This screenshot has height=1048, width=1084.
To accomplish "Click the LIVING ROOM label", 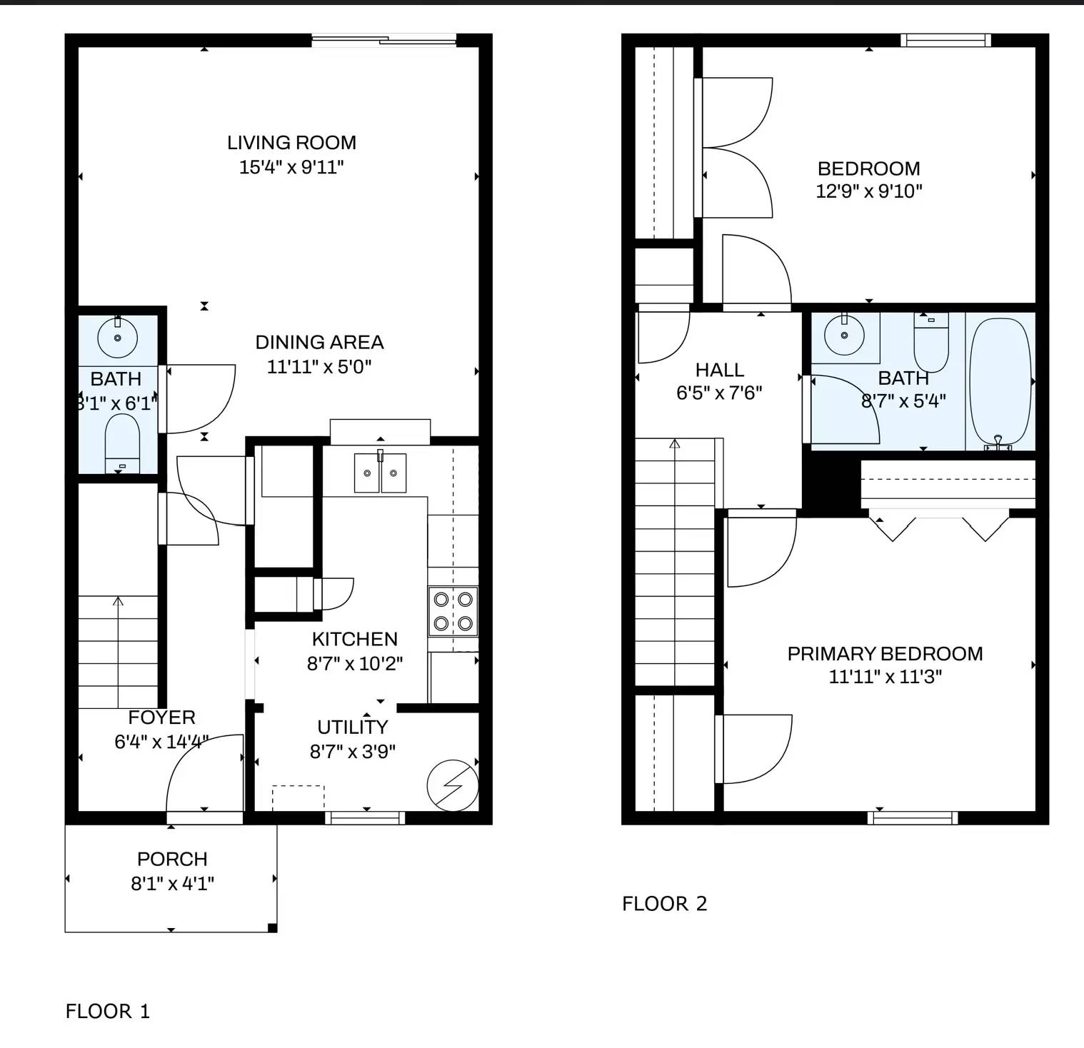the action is tap(291, 143).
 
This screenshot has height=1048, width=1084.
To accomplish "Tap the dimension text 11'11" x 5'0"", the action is tap(319, 367).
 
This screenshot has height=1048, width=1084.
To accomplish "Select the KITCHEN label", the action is tap(355, 639).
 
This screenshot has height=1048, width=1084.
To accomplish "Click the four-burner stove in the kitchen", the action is tap(453, 611).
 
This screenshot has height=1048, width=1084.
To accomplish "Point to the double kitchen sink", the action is tap(381, 472).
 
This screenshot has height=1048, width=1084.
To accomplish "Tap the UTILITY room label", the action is tap(353, 727).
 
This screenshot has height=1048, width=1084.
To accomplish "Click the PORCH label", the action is tap(172, 859).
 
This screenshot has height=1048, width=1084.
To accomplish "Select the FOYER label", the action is tap(161, 717).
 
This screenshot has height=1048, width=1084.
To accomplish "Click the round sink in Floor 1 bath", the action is tap(117, 338).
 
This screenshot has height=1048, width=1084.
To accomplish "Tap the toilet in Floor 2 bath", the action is tap(931, 342).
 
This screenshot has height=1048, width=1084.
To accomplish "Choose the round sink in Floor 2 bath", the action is tap(845, 335).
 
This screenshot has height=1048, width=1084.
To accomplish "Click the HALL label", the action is tap(720, 370).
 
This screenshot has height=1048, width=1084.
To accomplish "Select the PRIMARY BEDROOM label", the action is tap(885, 654).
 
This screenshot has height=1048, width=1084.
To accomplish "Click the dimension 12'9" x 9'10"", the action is tap(869, 191).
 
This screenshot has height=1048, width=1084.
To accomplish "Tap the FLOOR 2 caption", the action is tap(665, 904).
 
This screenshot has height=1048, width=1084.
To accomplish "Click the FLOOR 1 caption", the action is tap(108, 1012).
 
